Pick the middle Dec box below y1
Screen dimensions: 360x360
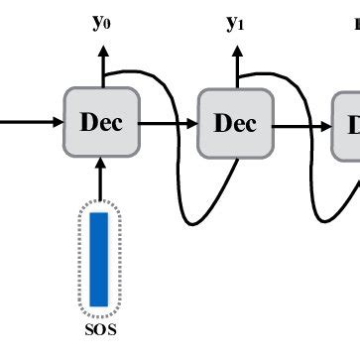(235, 123)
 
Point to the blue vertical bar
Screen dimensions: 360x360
(98, 257)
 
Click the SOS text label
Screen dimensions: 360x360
(98, 330)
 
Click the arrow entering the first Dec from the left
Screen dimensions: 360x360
(30, 123)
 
